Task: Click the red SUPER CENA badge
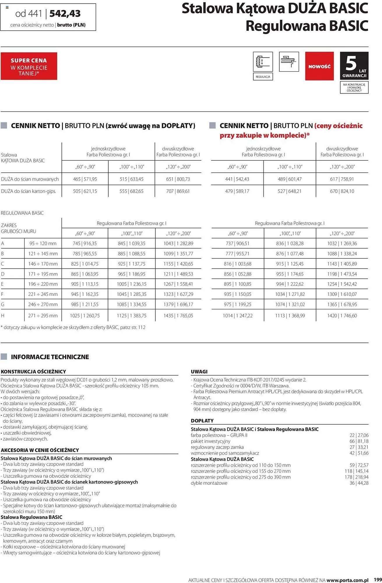pyautogui.click(x=29, y=66)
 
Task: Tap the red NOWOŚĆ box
pyautogui.click(x=319, y=66)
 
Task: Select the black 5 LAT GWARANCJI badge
pyautogui.click(x=354, y=66)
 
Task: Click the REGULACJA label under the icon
pyautogui.click(x=263, y=77)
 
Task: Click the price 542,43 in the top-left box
pyautogui.click(x=65, y=13)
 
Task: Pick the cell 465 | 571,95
pyautogui.click(x=85, y=179)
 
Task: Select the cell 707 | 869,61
pyautogui.click(x=178, y=191)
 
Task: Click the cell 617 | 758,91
pyautogui.click(x=342, y=179)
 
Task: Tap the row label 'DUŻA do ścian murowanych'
pyautogui.click(x=30, y=179)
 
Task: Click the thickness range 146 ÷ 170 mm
pyautogui.click(x=43, y=264)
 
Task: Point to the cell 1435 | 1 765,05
pyautogui.click(x=178, y=315)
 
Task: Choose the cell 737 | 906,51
pyautogui.click(x=237, y=243)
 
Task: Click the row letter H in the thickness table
pyautogui.click(x=3, y=315)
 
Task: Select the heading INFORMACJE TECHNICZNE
pyautogui.click(x=50, y=357)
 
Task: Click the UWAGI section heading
pyautogui.click(x=199, y=372)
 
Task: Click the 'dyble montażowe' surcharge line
pyautogui.click(x=209, y=483)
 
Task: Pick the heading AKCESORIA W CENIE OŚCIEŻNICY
pyautogui.click(x=40, y=450)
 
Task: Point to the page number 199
pyautogui.click(x=378, y=580)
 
